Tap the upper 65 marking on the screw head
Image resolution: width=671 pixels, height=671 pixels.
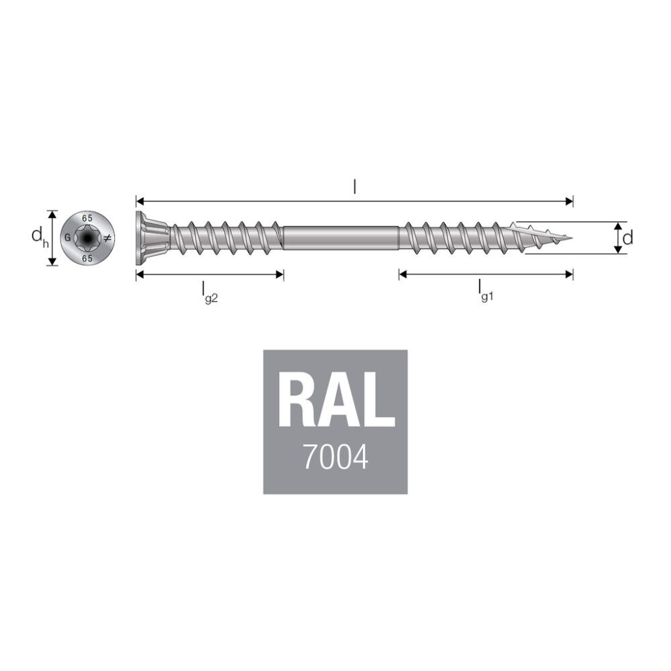87,218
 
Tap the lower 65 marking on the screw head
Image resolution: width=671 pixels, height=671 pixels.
87,258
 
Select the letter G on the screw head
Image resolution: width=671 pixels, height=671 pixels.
68,238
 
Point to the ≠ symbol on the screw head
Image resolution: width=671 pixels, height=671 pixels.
107,238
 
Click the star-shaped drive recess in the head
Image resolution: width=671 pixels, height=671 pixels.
87,238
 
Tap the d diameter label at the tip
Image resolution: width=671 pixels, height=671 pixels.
628,238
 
